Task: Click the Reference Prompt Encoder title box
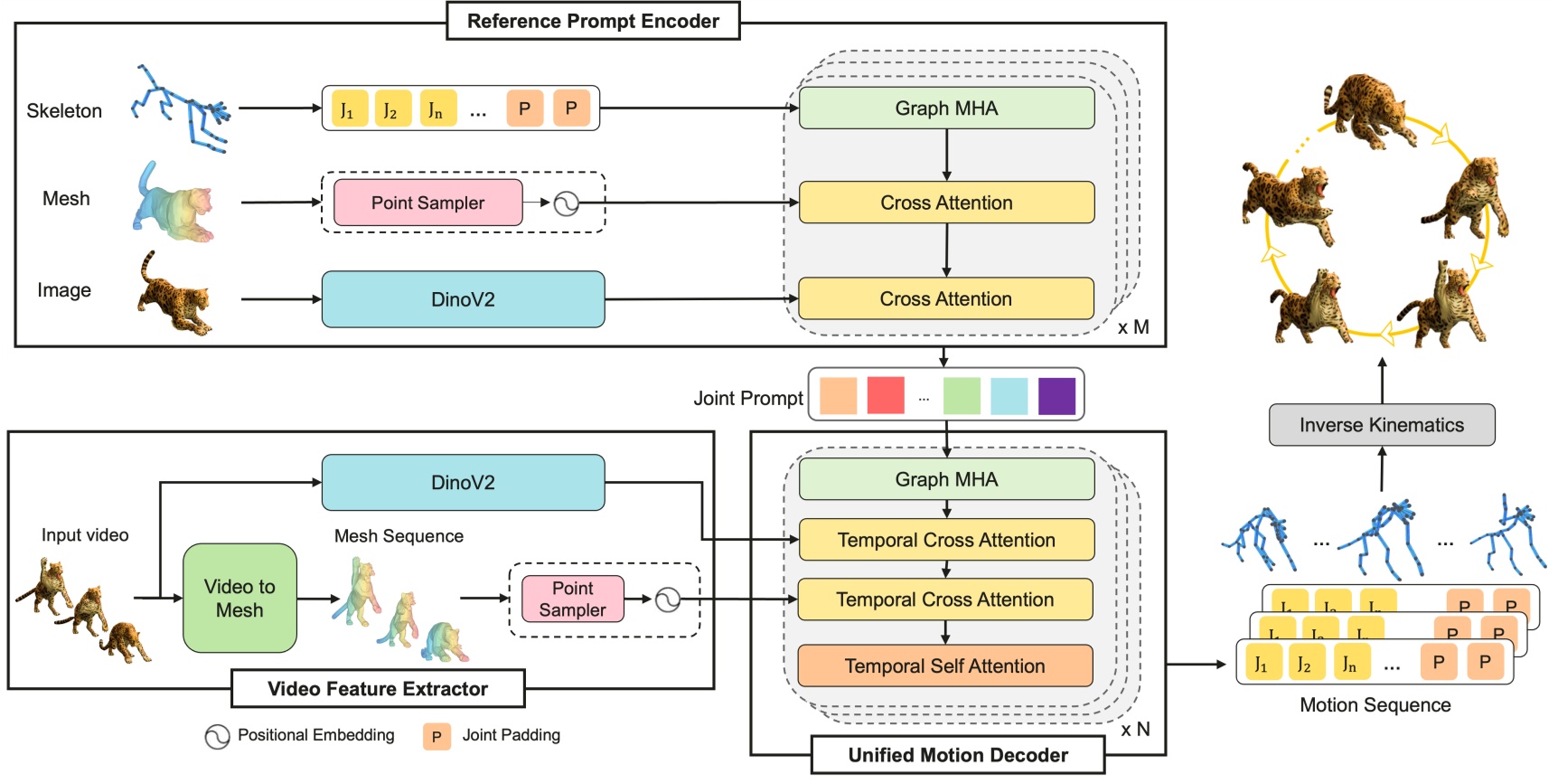593,21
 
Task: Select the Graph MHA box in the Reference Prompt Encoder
946,108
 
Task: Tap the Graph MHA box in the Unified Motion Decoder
946,479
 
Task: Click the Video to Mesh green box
239,598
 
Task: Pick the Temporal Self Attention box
944,666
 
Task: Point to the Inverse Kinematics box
1381,425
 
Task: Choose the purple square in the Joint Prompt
1056,396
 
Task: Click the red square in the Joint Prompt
885,396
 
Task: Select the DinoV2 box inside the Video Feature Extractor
463,483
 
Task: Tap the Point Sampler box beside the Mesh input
427,203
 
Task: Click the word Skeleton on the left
64,111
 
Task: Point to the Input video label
85,535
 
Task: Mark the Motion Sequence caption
1375,705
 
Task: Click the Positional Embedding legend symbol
217,737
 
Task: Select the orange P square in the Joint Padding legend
436,737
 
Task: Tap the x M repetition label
1133,327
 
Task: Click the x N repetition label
1135,730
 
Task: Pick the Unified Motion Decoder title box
957,755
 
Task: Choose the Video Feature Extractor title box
378,689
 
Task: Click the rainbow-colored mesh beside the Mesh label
174,203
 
